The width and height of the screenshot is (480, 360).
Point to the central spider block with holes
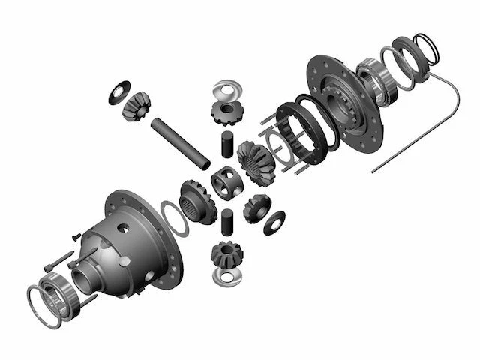point(225,182)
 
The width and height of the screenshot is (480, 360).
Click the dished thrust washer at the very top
point(225,89)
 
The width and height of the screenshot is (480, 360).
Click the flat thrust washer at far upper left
point(118,91)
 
